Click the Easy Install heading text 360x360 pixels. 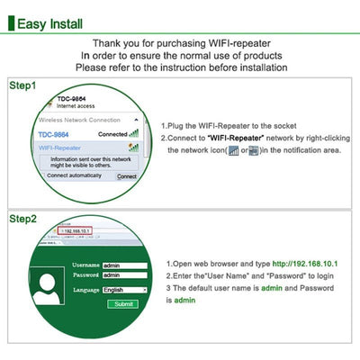(58, 22)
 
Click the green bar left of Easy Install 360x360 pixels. (12, 22)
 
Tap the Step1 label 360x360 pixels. (22, 86)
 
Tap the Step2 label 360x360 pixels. (22, 219)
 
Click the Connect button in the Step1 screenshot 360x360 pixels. (127, 176)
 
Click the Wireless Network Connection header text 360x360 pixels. (80, 120)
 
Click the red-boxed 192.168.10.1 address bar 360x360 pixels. (78, 231)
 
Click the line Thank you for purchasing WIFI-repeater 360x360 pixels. (180, 42)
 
